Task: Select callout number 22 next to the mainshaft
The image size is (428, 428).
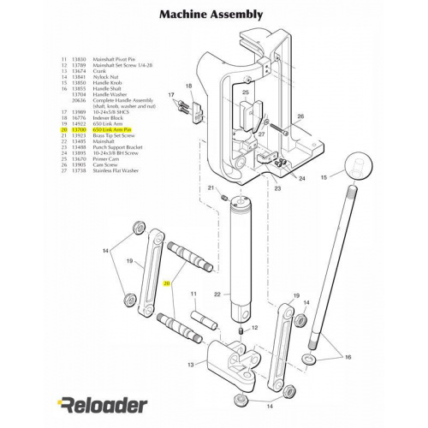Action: (x=217, y=294)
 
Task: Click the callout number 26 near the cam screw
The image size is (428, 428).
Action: (x=300, y=116)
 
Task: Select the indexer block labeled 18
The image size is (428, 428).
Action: (x=182, y=107)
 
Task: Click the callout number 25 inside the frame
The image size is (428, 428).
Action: (x=245, y=92)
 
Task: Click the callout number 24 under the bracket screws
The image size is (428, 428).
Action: (x=301, y=178)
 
